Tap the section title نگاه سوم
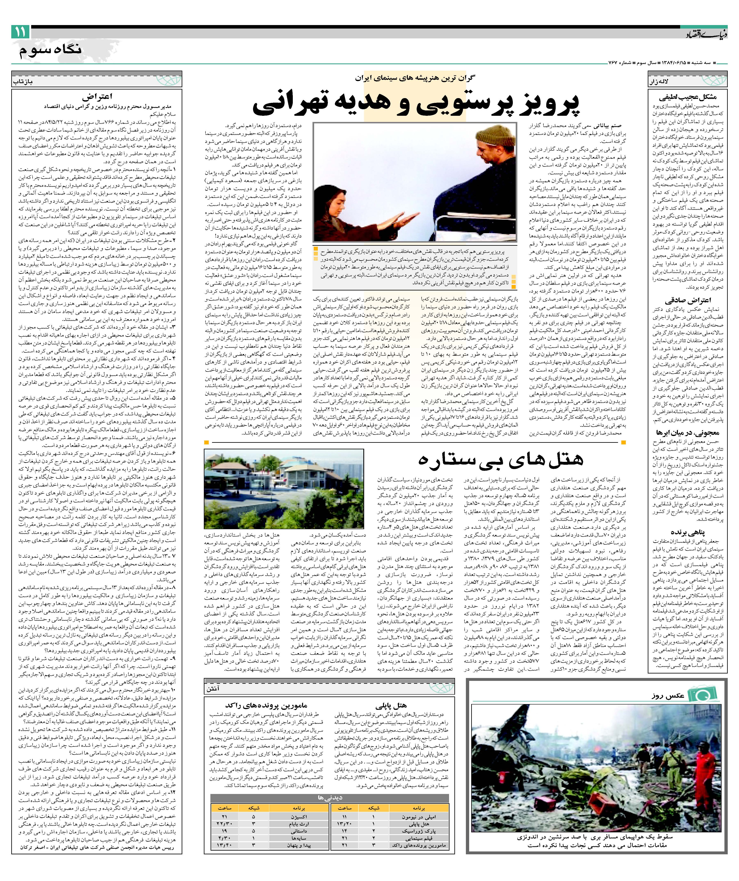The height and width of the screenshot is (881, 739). [x=50, y=50]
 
